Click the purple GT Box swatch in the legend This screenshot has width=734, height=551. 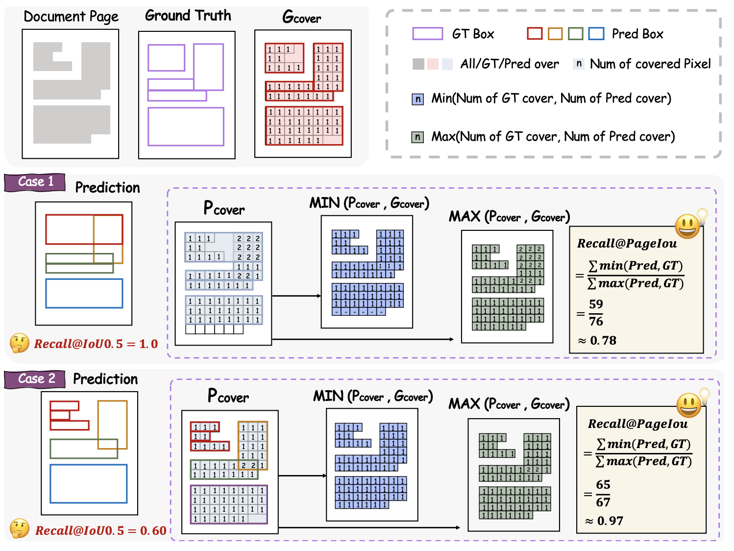(427, 33)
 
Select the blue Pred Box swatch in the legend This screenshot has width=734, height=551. (596, 33)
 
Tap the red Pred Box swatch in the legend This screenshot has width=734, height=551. (535, 33)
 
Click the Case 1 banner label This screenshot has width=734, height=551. (35, 182)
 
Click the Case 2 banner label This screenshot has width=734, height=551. (36, 379)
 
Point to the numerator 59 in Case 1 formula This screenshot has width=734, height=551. (596, 304)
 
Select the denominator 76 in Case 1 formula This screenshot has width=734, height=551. (596, 322)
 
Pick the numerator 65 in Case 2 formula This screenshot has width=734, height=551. (603, 485)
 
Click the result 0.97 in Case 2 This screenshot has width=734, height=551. (610, 521)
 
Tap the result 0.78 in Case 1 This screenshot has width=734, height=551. (603, 340)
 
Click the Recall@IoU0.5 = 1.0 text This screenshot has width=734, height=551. (96, 344)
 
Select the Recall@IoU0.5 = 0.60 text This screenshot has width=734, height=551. (100, 530)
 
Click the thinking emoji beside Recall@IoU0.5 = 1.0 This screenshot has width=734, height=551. (20, 343)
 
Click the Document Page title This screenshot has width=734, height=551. (71, 17)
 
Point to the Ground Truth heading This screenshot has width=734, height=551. (188, 16)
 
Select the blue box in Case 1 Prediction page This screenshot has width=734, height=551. (84, 293)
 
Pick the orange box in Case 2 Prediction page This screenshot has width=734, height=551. (112, 425)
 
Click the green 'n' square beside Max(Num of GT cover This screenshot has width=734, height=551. (417, 137)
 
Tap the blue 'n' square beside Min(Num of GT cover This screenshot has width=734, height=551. (417, 99)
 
